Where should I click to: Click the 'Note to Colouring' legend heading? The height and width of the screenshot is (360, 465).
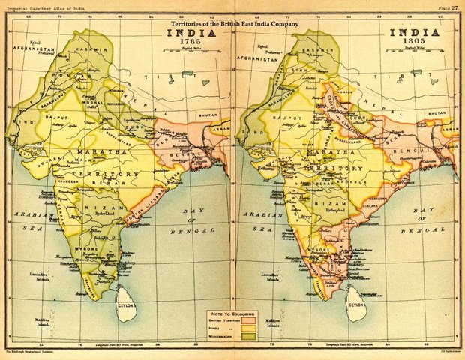tap(232, 313)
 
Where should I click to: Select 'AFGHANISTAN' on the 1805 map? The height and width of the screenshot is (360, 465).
tap(262, 56)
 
